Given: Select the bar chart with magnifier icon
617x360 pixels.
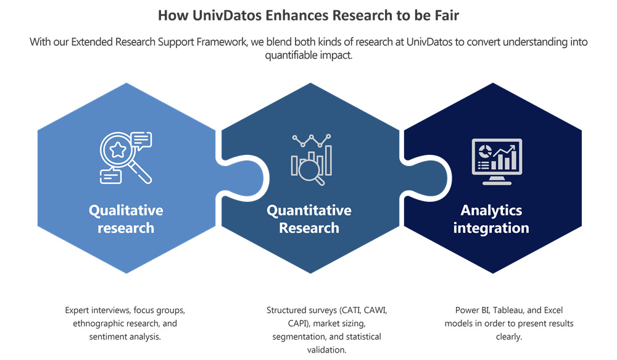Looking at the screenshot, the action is coord(311,159).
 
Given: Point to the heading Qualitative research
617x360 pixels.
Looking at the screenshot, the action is coord(126,219).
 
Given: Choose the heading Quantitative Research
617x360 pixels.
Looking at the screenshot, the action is coord(309,219).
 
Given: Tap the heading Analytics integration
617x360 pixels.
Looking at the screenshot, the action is coord(491,219).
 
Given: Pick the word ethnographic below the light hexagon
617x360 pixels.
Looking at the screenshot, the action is coord(97,324).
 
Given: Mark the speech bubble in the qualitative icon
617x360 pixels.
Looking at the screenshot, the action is coord(141,140).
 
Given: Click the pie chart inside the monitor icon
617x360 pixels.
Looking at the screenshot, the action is coord(484,151).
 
